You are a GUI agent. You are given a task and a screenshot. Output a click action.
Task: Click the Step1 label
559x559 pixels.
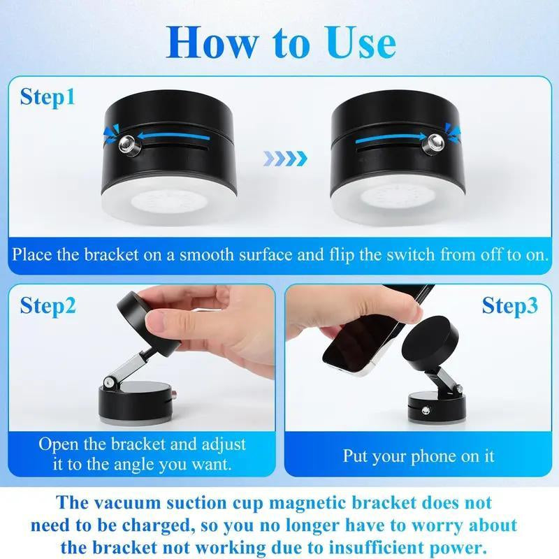tap(47, 97)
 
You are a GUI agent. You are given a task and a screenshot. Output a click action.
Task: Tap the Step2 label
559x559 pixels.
tap(48, 305)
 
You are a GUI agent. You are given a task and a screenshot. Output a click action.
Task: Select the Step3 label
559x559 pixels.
tap(511, 305)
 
